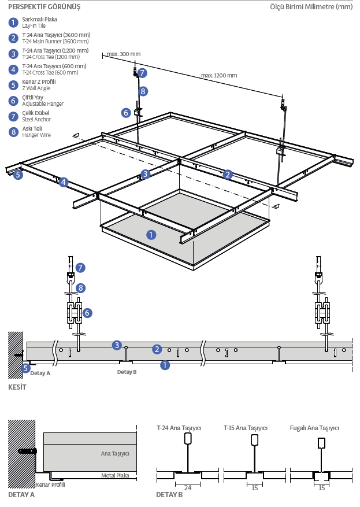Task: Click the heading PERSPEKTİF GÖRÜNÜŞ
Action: (x=44, y=7)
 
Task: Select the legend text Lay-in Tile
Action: (x=34, y=26)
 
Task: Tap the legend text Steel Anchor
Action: (x=36, y=120)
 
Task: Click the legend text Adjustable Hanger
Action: (x=43, y=104)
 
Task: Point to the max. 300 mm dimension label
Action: (x=123, y=54)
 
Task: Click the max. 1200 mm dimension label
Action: (x=219, y=75)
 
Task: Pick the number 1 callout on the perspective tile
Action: (x=151, y=235)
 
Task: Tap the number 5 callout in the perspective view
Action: (x=18, y=174)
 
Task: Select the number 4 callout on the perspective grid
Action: (x=64, y=183)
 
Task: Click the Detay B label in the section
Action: (x=127, y=372)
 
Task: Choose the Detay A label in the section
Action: (x=40, y=373)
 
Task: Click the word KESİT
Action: (x=17, y=387)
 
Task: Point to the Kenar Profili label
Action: (x=50, y=484)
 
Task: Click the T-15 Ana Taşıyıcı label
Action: (x=246, y=428)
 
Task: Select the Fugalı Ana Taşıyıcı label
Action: (x=314, y=428)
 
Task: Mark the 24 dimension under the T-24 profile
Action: (x=187, y=487)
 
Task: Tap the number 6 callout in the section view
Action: (x=87, y=313)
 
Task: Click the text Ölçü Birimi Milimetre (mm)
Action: (x=311, y=7)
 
